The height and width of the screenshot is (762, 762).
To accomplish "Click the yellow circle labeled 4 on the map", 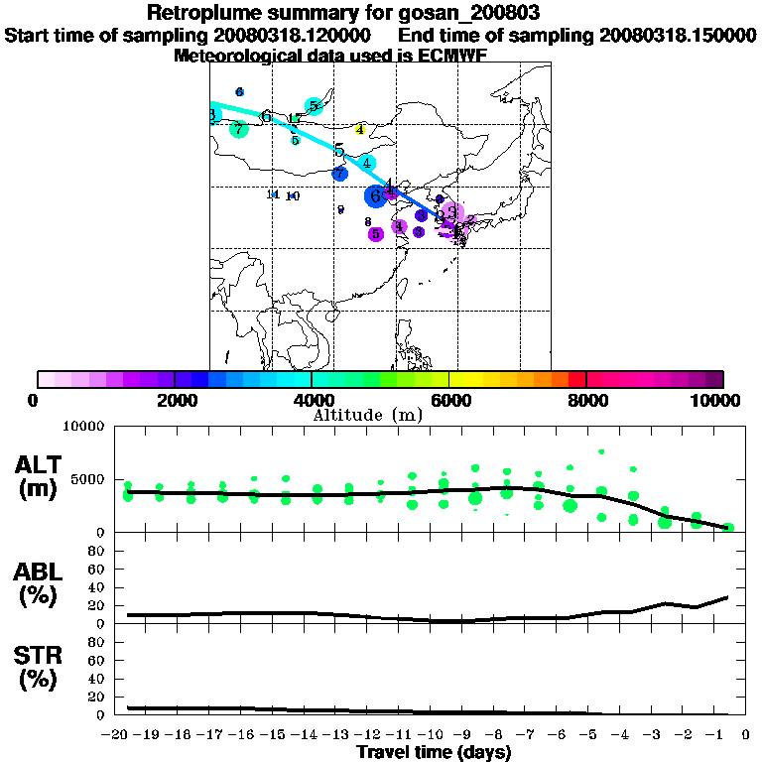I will tap(360, 129).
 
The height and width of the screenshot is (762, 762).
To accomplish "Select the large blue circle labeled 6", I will tap(376, 196).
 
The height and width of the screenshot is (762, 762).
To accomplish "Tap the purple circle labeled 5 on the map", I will tap(375, 234).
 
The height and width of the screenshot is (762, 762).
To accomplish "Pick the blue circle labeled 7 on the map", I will tap(340, 174).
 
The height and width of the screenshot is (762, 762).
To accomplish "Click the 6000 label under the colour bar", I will tap(449, 401).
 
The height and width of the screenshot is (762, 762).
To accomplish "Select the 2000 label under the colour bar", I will tap(174, 401).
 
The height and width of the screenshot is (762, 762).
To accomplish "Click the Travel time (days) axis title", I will tap(434, 752).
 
